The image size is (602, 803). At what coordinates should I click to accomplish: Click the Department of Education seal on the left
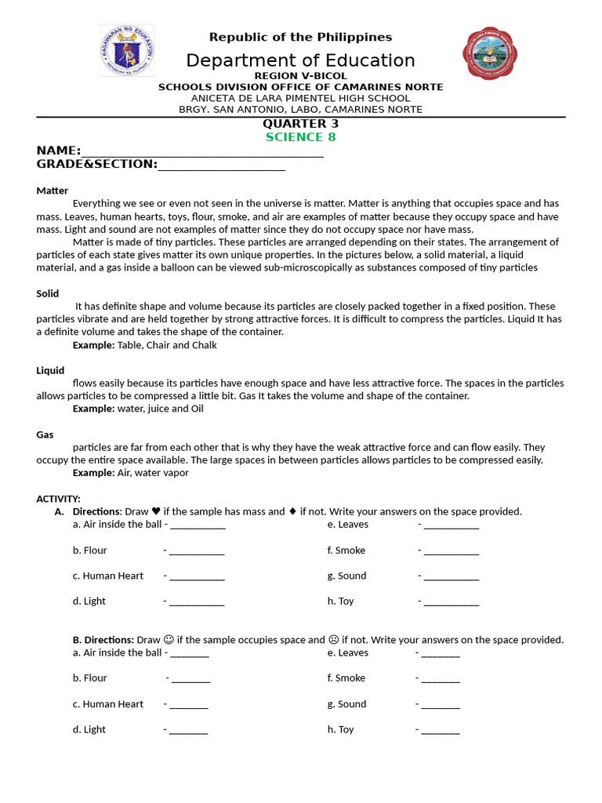[126, 50]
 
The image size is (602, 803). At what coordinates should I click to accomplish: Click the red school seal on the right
[491, 53]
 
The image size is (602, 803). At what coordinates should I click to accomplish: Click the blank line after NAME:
[202, 152]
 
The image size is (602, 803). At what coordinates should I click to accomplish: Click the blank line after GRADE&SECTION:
[222, 165]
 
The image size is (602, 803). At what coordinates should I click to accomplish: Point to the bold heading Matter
[52, 191]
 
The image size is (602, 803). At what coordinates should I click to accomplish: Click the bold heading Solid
[48, 293]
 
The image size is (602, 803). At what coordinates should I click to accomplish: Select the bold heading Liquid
[50, 370]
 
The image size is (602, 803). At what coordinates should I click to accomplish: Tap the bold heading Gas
[45, 434]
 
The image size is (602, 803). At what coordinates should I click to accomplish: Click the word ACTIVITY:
[59, 499]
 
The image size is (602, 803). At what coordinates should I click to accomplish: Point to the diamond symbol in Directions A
[292, 511]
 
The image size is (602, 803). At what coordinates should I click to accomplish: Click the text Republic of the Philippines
[300, 37]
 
